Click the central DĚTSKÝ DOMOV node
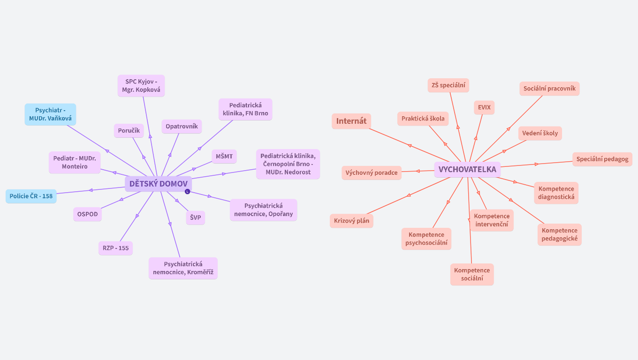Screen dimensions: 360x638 pyautogui.click(x=158, y=184)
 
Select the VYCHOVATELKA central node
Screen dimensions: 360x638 pyautogui.click(x=467, y=170)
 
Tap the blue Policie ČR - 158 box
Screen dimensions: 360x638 pyautogui.click(x=31, y=196)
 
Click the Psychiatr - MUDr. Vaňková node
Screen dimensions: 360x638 pyautogui.click(x=50, y=114)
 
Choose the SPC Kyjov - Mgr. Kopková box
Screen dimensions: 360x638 pyautogui.click(x=141, y=86)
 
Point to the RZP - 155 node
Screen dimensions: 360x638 pyautogui.click(x=115, y=248)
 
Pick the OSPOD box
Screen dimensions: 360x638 pyautogui.click(x=87, y=214)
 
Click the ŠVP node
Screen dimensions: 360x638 pyautogui.click(x=196, y=217)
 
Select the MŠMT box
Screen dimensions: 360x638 pyautogui.click(x=224, y=156)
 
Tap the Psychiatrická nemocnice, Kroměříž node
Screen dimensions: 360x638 pyautogui.click(x=183, y=268)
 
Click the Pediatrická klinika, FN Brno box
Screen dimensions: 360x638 pyautogui.click(x=245, y=109)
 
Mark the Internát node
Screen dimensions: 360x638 pyautogui.click(x=351, y=121)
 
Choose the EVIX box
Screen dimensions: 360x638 pyautogui.click(x=484, y=107)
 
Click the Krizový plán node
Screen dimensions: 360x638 pyautogui.click(x=351, y=220)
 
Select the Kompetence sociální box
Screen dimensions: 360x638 pyautogui.click(x=472, y=274)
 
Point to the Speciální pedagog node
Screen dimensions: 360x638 pyautogui.click(x=602, y=159)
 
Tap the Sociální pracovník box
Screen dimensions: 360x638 pyautogui.click(x=549, y=89)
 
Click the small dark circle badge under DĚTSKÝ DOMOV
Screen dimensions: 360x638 pyautogui.click(x=187, y=191)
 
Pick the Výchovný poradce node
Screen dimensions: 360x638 pyautogui.click(x=372, y=172)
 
